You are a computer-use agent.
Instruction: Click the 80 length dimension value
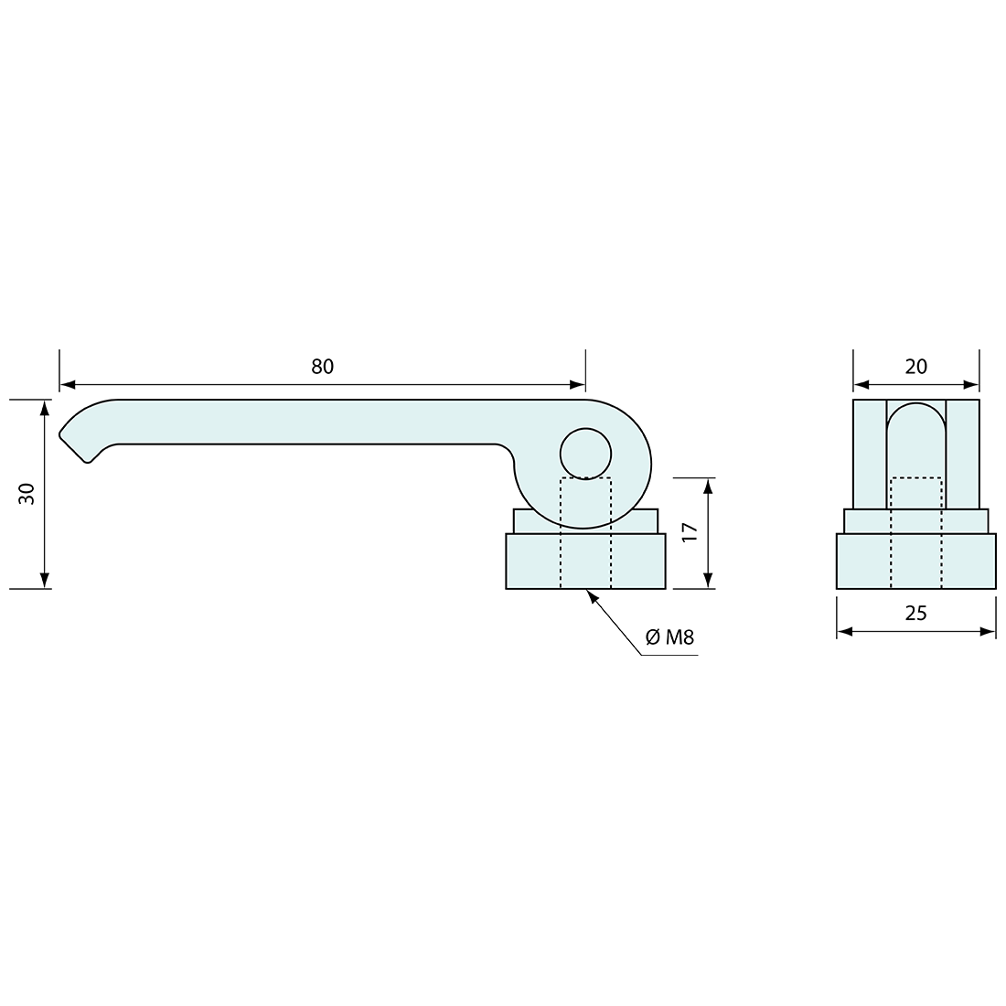click(323, 367)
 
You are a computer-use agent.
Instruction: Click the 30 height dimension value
click(27, 493)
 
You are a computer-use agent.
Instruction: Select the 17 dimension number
click(690, 532)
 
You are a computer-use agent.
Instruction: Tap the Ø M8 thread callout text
click(669, 637)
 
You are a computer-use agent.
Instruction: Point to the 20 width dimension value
click(916, 367)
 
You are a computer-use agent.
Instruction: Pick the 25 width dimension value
click(916, 614)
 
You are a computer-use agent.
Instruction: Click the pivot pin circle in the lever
click(585, 454)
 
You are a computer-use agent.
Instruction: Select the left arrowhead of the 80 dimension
click(68, 385)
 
